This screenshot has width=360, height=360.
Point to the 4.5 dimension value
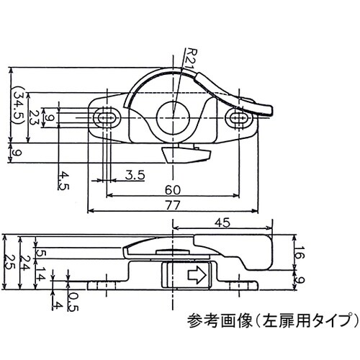pos(64,180)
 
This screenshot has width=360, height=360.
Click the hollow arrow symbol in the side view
pos(197,274)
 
